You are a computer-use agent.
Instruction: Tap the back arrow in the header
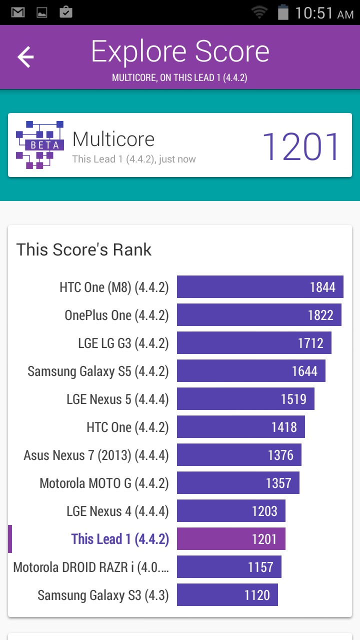coord(25,57)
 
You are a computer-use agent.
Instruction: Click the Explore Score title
coord(180,51)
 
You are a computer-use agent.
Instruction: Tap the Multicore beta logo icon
coord(40,145)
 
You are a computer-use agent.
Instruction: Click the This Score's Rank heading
coord(84,249)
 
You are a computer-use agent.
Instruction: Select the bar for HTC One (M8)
coord(260,287)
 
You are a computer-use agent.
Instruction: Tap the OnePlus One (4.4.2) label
coord(116,315)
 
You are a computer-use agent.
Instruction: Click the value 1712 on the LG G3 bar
coord(310,343)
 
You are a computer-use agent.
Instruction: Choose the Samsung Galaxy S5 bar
coord(251,371)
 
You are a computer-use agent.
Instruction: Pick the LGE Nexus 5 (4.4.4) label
coord(117,399)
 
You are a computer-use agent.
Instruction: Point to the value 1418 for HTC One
coord(284,427)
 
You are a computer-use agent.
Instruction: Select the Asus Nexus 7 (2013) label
coord(96,455)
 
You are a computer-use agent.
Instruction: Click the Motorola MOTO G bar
coord(238,483)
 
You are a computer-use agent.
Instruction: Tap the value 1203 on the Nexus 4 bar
coord(264,511)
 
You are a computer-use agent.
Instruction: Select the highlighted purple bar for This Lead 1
coord(231,539)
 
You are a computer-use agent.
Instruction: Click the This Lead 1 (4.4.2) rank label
coord(120,539)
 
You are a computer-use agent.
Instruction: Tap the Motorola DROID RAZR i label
coord(91,567)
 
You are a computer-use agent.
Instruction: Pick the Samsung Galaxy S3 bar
coord(227,595)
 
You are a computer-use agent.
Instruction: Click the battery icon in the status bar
coord(283,12)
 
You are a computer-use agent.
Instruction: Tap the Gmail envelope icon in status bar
coord(18,12)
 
